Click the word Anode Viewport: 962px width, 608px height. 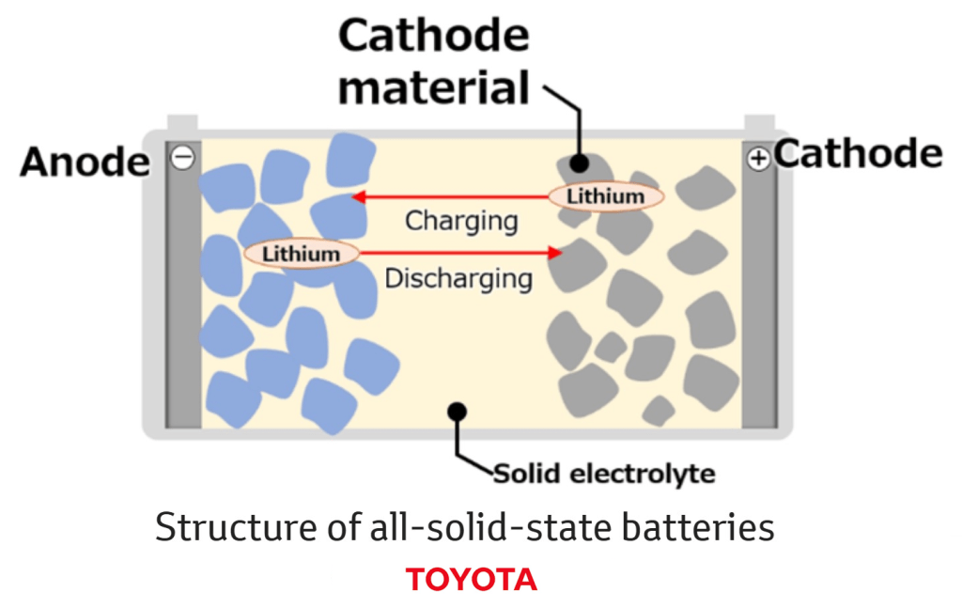[x=85, y=163]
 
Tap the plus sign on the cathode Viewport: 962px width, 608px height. [x=757, y=159]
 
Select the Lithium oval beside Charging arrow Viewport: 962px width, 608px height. [x=606, y=196]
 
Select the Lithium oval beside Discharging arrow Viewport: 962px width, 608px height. [x=302, y=253]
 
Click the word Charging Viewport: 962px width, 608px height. [x=461, y=222]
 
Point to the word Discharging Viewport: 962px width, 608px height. [x=458, y=278]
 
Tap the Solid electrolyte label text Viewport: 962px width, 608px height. [x=604, y=473]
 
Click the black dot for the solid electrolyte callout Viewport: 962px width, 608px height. [x=458, y=412]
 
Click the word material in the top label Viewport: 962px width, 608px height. [x=434, y=88]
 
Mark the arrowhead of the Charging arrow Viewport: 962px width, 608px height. [x=357, y=197]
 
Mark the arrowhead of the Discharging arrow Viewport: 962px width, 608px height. [x=556, y=253]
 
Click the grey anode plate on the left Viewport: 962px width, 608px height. [x=182, y=301]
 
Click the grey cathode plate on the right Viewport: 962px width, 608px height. [x=759, y=301]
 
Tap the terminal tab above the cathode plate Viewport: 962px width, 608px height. [x=759, y=123]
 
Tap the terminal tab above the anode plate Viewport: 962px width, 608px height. [x=182, y=123]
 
